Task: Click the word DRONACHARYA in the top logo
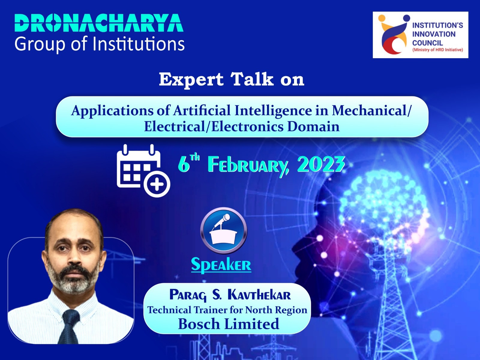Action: point(99,23)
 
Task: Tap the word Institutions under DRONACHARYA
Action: point(139,44)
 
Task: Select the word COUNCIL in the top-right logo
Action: point(427,43)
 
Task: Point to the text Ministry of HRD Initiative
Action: point(438,50)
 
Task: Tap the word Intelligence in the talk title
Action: point(273,110)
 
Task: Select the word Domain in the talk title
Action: point(313,127)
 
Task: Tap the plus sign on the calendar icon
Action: point(157,184)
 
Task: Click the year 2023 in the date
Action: point(321,164)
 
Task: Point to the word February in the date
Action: point(248,165)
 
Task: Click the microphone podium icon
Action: point(223,230)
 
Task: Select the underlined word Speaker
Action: point(221,265)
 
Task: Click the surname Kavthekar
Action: point(259,295)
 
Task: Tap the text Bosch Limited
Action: point(229,324)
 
